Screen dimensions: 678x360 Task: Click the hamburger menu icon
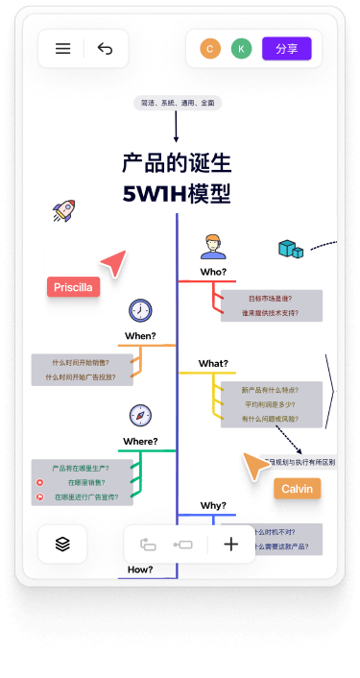pyautogui.click(x=63, y=49)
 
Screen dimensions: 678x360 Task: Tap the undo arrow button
pyautogui.click(x=105, y=49)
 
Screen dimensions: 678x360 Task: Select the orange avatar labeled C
pyautogui.click(x=209, y=48)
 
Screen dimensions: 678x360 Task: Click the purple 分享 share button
pyautogui.click(x=286, y=48)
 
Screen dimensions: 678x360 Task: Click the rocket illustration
pyautogui.click(x=63, y=211)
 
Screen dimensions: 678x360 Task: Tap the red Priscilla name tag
pyautogui.click(x=74, y=286)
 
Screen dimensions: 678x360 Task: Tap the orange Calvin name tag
pyautogui.click(x=297, y=488)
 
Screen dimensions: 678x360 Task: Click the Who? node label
pyautogui.click(x=213, y=272)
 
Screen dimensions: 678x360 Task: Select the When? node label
pyautogui.click(x=140, y=336)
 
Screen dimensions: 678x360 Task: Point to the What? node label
pyautogui.click(x=213, y=363)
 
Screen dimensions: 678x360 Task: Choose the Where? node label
pyautogui.click(x=140, y=442)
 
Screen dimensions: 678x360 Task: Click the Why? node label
pyautogui.click(x=213, y=505)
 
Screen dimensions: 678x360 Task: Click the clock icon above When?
pyautogui.click(x=140, y=310)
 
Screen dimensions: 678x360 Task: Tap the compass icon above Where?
pyautogui.click(x=140, y=415)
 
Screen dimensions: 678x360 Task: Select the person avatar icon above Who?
pyautogui.click(x=213, y=247)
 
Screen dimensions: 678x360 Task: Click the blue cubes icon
pyautogui.click(x=290, y=249)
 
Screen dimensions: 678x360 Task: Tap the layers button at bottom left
pyautogui.click(x=62, y=544)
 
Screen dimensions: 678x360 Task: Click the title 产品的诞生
pyautogui.click(x=177, y=162)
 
